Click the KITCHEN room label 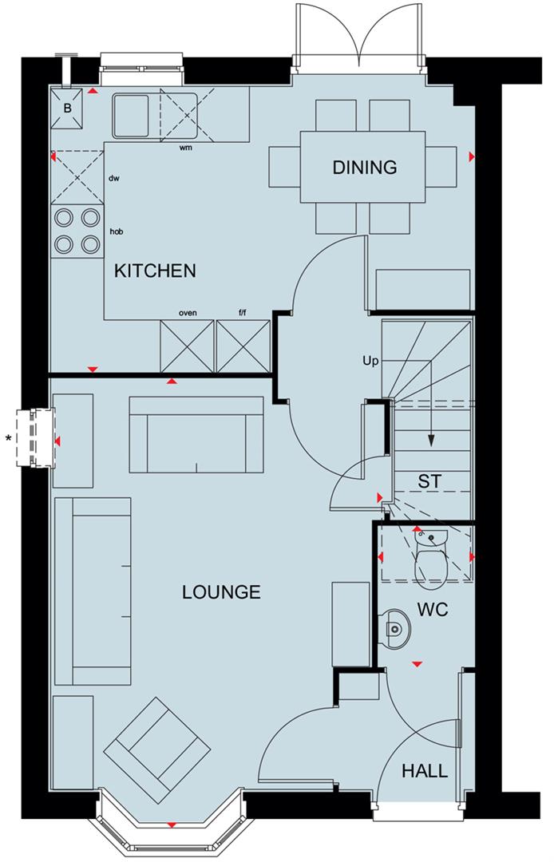pyautogui.click(x=155, y=271)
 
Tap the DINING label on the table pyautogui.click(x=364, y=168)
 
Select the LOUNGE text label pyautogui.click(x=221, y=592)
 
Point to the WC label pyautogui.click(x=432, y=611)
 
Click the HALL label pyautogui.click(x=424, y=772)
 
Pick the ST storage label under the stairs pyautogui.click(x=429, y=480)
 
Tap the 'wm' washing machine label pyautogui.click(x=185, y=148)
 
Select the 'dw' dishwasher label pyautogui.click(x=114, y=178)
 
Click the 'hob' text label pyautogui.click(x=117, y=232)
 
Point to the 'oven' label pyautogui.click(x=188, y=313)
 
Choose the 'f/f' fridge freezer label pyautogui.click(x=242, y=313)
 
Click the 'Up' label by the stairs pyautogui.click(x=370, y=361)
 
